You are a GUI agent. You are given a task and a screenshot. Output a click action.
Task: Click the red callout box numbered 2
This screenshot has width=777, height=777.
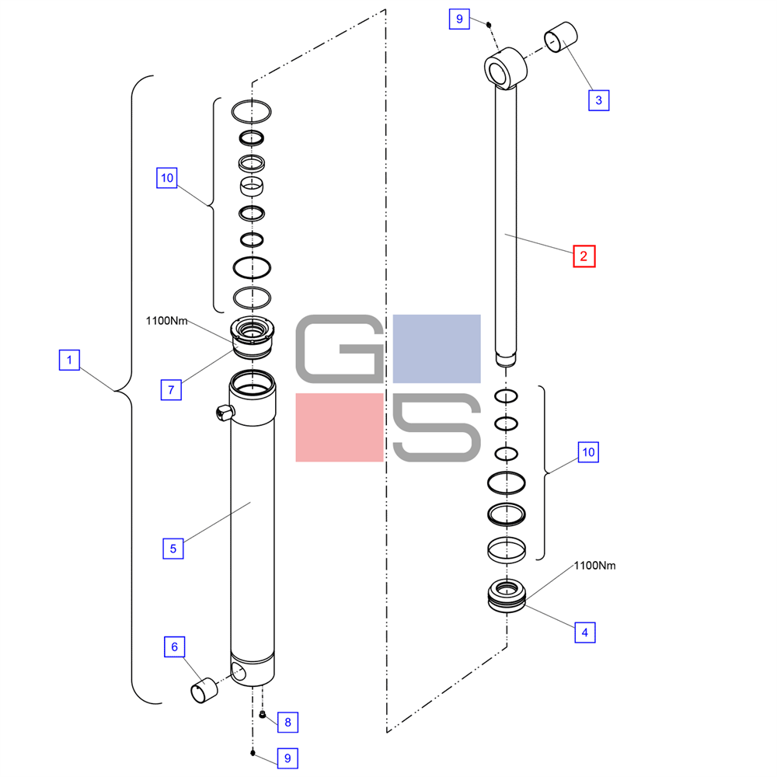[x=584, y=256]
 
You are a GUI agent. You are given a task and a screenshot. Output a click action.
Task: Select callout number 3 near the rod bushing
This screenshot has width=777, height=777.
[x=598, y=100]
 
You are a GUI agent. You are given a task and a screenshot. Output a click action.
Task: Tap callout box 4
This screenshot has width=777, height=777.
[x=585, y=632]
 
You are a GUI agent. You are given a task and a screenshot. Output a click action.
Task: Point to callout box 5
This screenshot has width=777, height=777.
[x=173, y=549]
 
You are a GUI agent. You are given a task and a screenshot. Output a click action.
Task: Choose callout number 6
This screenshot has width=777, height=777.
[x=174, y=646]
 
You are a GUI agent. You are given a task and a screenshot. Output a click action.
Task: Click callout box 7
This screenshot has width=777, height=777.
[x=171, y=389]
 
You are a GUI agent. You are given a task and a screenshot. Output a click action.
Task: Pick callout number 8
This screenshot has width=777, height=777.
[x=287, y=722]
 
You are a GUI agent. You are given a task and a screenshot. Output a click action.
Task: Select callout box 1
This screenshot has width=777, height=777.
[x=69, y=360]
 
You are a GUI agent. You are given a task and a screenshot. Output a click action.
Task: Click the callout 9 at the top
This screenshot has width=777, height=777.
[x=459, y=19]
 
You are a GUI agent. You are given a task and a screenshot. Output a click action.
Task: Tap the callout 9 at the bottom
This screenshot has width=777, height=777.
[x=287, y=758]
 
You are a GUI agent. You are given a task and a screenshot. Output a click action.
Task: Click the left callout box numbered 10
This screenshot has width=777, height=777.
[x=167, y=178]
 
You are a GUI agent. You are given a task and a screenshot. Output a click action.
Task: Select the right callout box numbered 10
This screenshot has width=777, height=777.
[x=588, y=452]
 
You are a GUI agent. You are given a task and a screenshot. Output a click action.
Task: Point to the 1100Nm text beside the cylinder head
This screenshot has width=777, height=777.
[x=166, y=321]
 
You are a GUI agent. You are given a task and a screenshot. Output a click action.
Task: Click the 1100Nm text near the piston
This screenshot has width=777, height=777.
[x=594, y=566]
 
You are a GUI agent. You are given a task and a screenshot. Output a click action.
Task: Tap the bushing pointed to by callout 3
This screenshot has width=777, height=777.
[x=561, y=37]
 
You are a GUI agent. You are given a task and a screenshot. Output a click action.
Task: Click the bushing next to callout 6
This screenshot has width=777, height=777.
[x=204, y=690]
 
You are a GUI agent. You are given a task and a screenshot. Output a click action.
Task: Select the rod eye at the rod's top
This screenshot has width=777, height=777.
[x=506, y=68]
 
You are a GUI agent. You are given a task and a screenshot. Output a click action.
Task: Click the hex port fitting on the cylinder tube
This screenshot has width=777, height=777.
[x=225, y=412]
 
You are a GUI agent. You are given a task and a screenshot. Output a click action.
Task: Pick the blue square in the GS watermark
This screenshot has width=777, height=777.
[x=437, y=349]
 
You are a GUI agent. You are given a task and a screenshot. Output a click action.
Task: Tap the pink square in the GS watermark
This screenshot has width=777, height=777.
[x=340, y=427]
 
